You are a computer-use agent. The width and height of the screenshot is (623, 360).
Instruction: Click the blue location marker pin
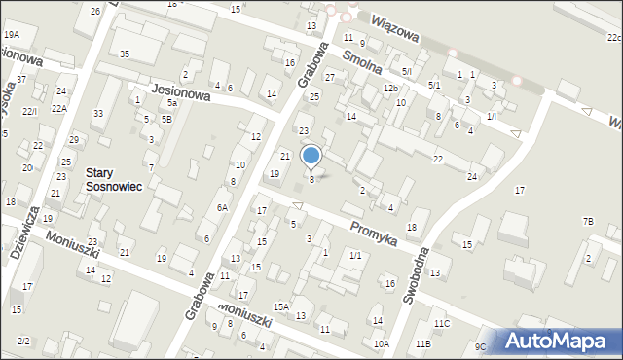(x=311, y=156)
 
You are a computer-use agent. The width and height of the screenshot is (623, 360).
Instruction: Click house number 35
(x=125, y=54)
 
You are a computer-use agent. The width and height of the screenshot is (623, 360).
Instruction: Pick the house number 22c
(x=613, y=38)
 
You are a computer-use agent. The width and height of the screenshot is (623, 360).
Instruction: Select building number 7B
(x=588, y=222)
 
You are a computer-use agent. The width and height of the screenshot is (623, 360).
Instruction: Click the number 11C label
(x=442, y=323)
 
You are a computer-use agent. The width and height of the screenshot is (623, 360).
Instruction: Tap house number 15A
(x=280, y=307)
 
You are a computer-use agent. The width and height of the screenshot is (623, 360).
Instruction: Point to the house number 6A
(x=222, y=207)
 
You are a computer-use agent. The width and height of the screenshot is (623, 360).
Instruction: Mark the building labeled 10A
(x=381, y=343)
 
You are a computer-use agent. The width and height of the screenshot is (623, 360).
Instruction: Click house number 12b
(x=390, y=89)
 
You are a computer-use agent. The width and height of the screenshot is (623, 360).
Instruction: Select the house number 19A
(x=12, y=35)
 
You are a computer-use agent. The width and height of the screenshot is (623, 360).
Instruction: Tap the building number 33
(x=98, y=114)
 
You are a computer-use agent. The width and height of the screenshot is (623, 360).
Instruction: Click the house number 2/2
(x=23, y=341)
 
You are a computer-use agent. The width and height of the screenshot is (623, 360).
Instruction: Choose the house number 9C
(x=480, y=346)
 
